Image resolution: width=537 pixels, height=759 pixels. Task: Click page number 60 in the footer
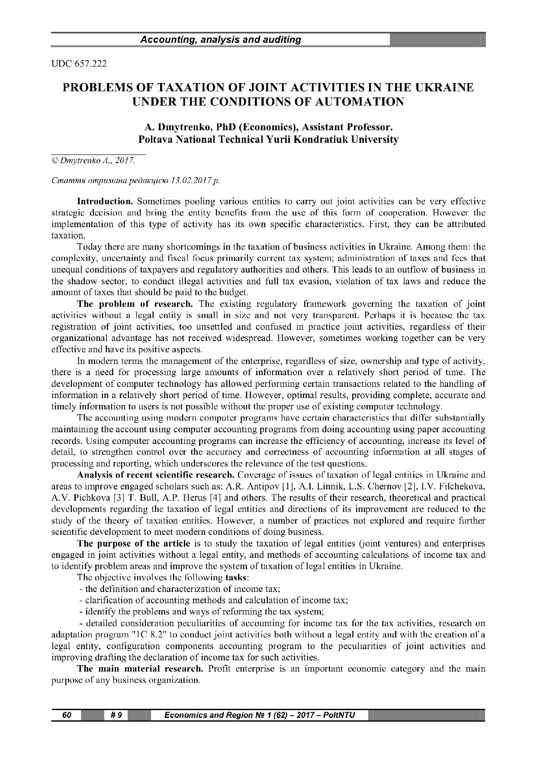tap(67, 715)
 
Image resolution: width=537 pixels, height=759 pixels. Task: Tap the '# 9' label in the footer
tap(116, 715)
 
